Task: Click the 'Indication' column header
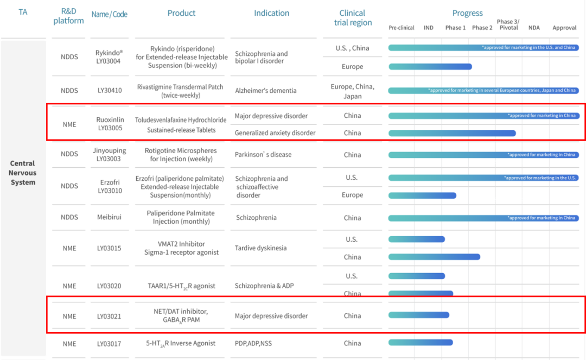tap(271, 14)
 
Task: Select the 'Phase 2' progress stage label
tap(482, 28)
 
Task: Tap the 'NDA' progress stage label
tap(534, 28)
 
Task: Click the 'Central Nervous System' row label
tap(23, 173)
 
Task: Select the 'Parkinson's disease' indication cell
tap(263, 155)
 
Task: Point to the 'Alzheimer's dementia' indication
tap(266, 91)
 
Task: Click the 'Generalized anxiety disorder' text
tap(275, 133)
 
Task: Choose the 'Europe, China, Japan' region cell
tap(352, 91)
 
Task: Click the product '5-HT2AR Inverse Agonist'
tap(181, 343)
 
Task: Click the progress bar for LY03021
tap(418, 315)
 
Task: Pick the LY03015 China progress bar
tap(434, 257)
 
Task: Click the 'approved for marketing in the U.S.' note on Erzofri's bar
tap(540, 178)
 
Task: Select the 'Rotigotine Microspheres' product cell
tap(181, 155)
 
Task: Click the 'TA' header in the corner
tap(23, 12)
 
